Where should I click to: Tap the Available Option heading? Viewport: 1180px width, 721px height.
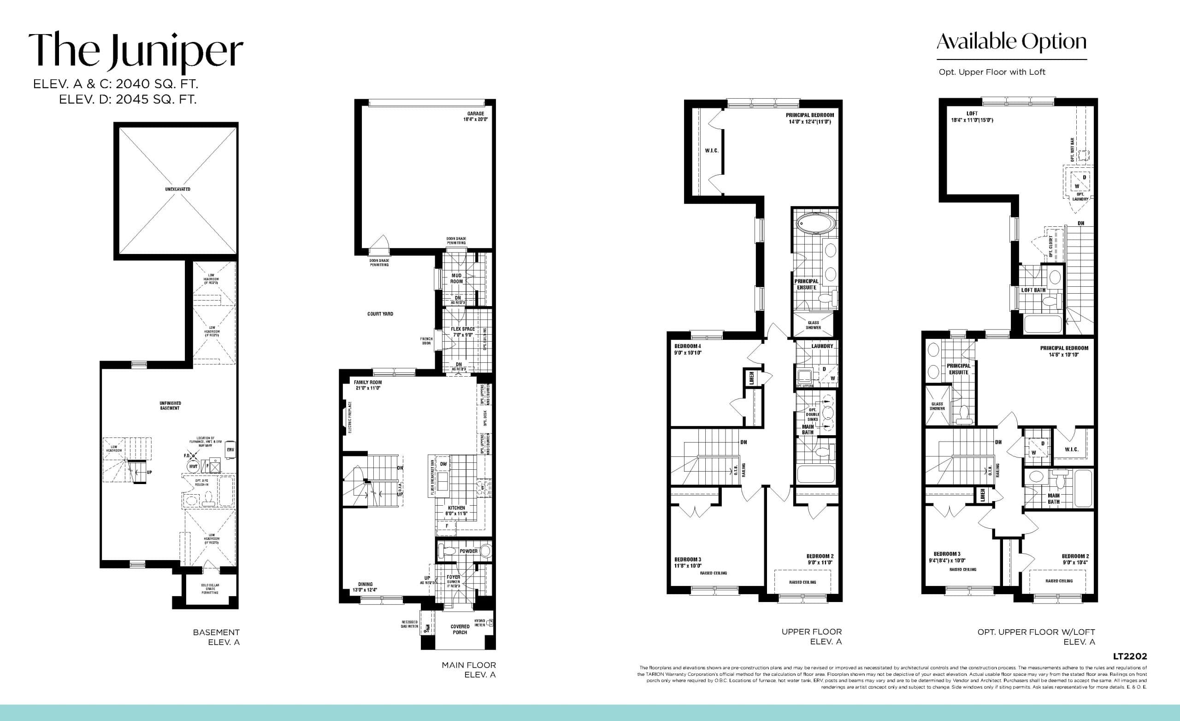coord(1011,42)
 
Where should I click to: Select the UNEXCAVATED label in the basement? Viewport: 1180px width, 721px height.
coord(177,189)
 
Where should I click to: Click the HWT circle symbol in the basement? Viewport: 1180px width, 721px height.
coord(193,466)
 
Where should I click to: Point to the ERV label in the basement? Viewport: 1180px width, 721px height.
coord(230,450)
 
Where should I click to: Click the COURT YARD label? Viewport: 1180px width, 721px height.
coord(380,314)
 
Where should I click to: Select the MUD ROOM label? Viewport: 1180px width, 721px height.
coord(456,278)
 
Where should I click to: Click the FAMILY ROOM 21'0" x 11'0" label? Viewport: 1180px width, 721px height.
coord(368,385)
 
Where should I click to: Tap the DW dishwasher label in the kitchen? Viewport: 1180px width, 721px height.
coord(443,464)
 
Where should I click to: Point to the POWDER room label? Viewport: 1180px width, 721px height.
coord(468,551)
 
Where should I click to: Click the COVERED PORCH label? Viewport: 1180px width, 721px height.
coord(460,629)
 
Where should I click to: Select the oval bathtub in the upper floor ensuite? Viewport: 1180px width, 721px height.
coord(815,224)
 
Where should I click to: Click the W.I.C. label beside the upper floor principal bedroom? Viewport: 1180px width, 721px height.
coord(712,150)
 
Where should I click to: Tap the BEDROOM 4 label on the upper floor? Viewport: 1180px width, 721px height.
coord(688,349)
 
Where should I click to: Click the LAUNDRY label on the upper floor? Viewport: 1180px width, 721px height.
coord(822,346)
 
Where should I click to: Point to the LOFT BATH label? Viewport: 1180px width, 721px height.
coord(1033,290)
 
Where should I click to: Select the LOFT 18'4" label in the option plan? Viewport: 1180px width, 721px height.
coord(972,117)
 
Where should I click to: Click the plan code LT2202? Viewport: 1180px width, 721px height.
coord(1130,656)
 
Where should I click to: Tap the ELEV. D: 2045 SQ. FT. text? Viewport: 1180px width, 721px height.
coord(127,100)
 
